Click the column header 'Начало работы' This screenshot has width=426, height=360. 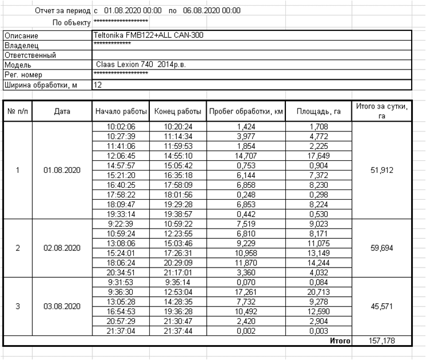[121, 111]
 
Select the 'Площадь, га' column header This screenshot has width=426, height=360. [318, 111]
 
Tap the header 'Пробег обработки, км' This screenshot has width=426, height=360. [245, 111]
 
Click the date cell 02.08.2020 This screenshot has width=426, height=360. [61, 248]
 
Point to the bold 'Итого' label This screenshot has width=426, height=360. [340, 341]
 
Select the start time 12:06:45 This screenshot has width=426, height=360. [121, 155]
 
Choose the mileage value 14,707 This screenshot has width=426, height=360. [245, 155]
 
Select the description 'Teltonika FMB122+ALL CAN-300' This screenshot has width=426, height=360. [149, 36]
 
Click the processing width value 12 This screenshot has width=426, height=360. [98, 85]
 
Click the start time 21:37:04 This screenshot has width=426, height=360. [121, 331]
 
